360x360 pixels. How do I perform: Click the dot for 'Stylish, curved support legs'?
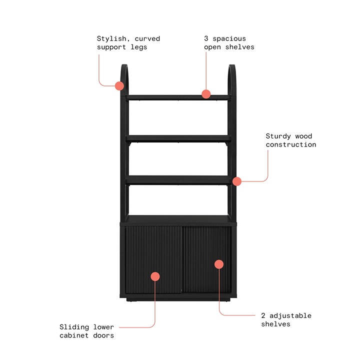(119, 85)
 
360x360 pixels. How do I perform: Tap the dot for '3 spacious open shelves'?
(206, 93)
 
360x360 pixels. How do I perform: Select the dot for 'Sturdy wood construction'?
(237, 181)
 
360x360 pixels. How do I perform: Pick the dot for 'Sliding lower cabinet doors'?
(155, 276)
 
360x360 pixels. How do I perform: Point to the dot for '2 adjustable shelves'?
(219, 264)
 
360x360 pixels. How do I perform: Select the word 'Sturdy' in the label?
(278, 136)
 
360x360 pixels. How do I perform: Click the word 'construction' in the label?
(291, 144)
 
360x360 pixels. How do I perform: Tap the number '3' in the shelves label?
(206, 38)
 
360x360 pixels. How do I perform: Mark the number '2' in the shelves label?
(263, 315)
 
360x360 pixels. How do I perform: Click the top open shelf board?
(178, 97)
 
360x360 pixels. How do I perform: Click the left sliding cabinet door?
(153, 260)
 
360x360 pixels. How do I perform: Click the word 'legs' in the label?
(138, 47)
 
